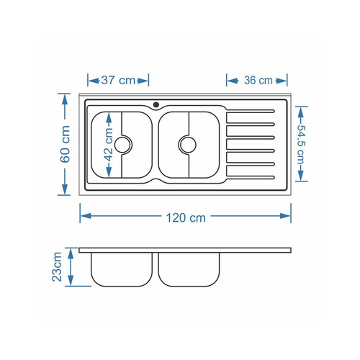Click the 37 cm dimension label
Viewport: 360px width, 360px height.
pyautogui.click(x=118, y=80)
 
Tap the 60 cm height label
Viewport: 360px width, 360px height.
pyautogui.click(x=66, y=145)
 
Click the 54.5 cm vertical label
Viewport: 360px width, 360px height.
pyautogui.click(x=301, y=145)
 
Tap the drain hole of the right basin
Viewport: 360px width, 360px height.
pyautogui.click(x=188, y=144)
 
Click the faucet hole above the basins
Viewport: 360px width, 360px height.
pyautogui.click(x=155, y=105)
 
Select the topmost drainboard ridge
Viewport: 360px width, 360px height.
pyautogui.click(x=251, y=112)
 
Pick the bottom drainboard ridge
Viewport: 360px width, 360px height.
pyautogui.click(x=251, y=175)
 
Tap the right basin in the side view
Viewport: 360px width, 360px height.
pyautogui.click(x=189, y=269)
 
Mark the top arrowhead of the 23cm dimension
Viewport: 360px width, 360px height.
pyautogui.click(x=71, y=251)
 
